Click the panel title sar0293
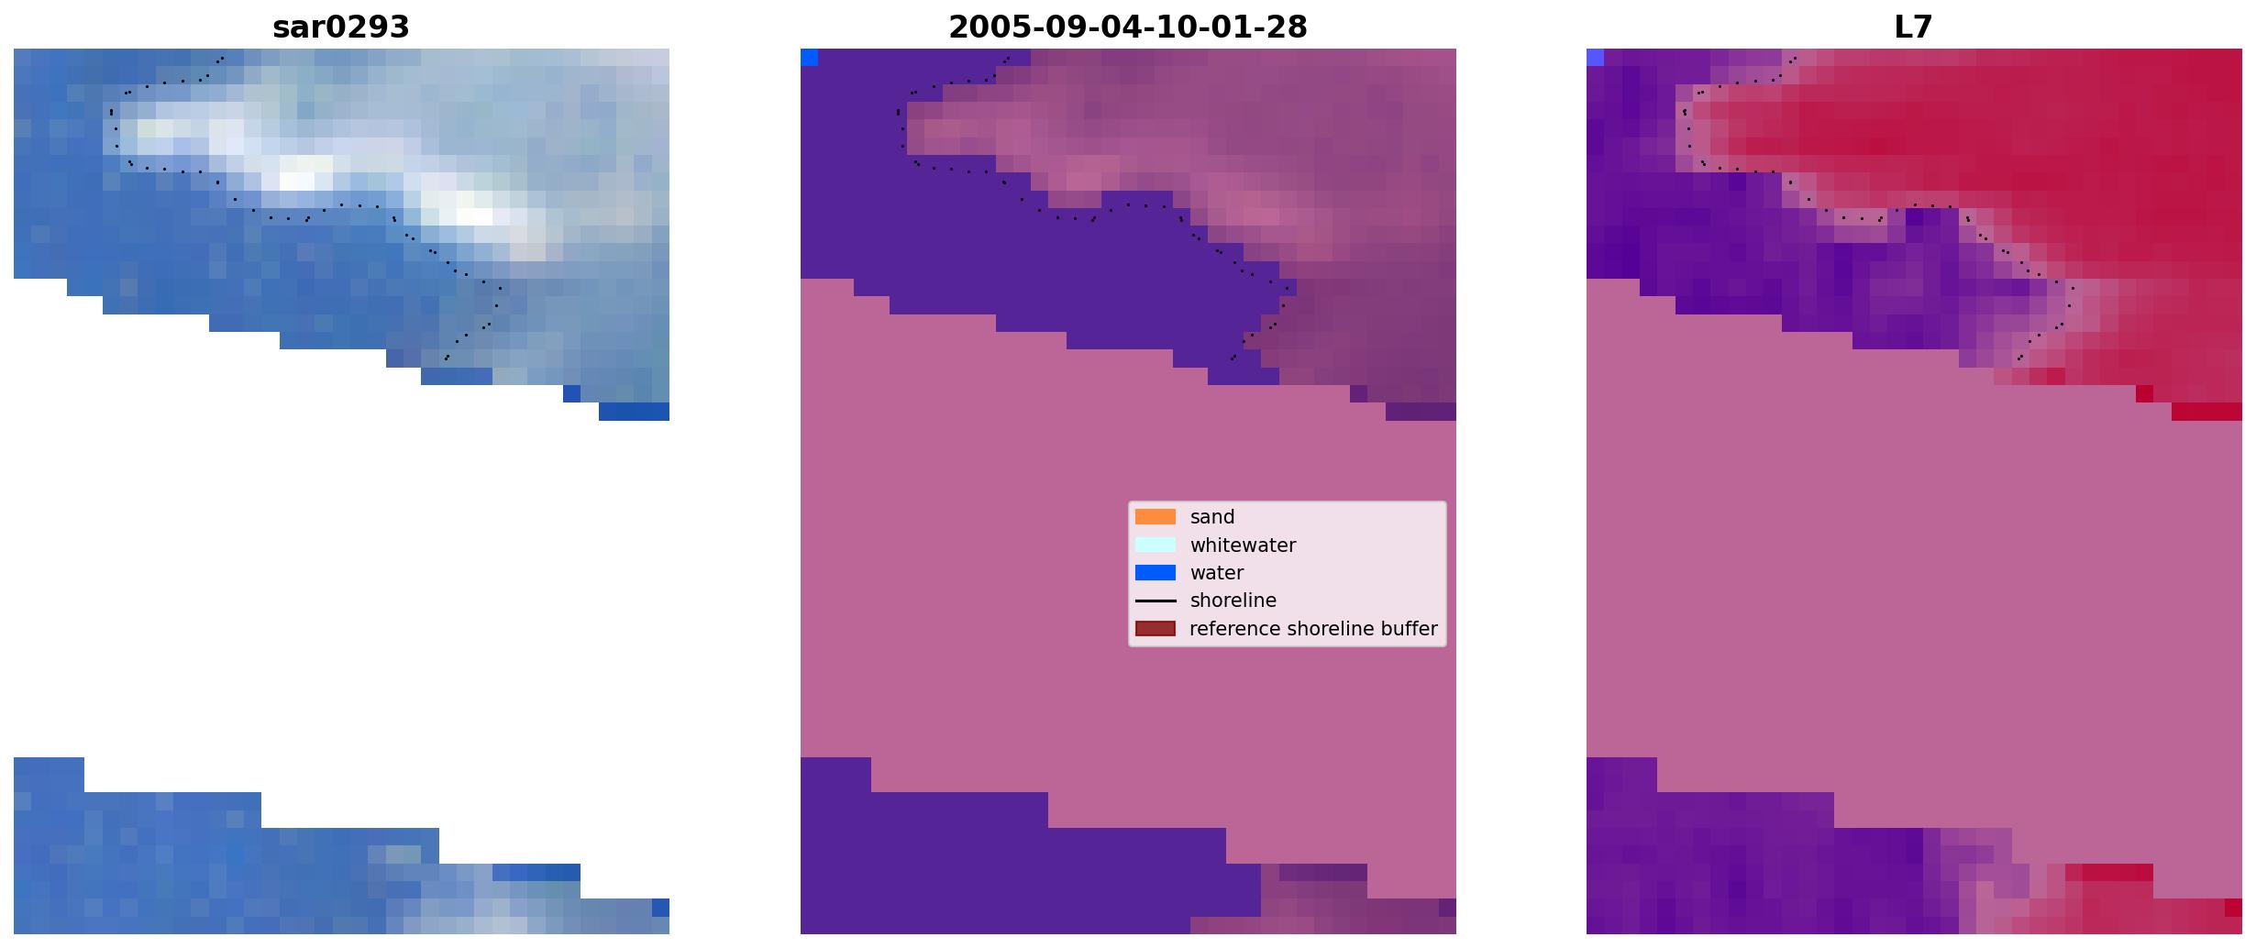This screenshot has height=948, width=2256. pos(341,28)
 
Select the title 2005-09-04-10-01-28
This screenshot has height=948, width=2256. pos(1128,28)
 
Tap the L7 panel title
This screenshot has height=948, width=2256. pos(1914,28)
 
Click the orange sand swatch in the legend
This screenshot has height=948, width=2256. pos(1156,517)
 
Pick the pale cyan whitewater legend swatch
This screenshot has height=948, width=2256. pos(1156,545)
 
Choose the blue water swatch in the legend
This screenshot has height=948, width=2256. pos(1156,573)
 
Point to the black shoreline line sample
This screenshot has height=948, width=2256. pos(1156,601)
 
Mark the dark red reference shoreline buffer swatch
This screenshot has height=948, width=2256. pos(1156,629)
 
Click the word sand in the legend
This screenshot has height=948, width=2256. pos(1212,517)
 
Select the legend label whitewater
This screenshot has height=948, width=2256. pos(1243,546)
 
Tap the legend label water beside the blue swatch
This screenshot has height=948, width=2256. pos(1217,573)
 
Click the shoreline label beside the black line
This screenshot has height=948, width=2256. pos(1233,601)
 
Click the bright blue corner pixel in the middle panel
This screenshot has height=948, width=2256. pos(809,57)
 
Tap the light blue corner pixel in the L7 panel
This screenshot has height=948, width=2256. pos(1595,57)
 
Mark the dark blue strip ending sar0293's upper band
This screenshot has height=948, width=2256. pos(634,412)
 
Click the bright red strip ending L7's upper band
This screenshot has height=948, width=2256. pos(2206,412)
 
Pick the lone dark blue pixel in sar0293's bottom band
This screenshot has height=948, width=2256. pos(660,908)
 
